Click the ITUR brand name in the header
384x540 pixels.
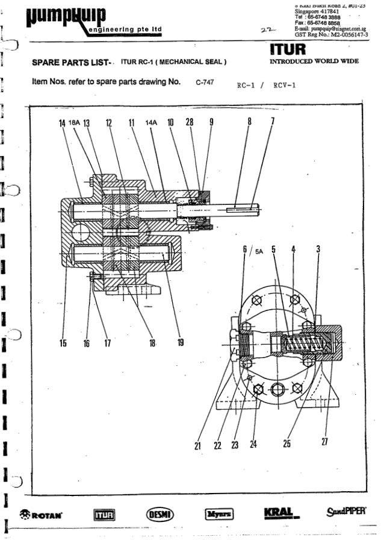tap(291, 47)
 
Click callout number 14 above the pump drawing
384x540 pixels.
tap(61, 124)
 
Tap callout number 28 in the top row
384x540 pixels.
tap(189, 124)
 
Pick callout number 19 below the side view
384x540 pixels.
tap(180, 344)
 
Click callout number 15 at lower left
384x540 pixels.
tap(63, 344)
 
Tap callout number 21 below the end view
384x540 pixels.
tap(197, 446)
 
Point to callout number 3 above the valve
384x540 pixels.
tap(317, 249)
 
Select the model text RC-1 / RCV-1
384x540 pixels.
tap(265, 86)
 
